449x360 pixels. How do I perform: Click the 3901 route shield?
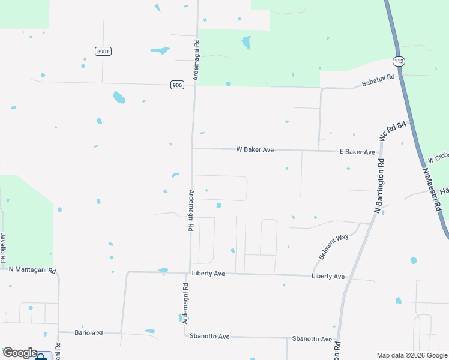(103, 52)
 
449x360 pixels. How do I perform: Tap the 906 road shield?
(176, 85)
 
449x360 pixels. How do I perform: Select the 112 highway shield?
(399, 61)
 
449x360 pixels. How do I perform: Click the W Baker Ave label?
(255, 149)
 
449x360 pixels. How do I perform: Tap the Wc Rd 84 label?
(393, 131)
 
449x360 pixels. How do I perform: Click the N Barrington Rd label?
(379, 186)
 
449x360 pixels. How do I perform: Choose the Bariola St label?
(89, 332)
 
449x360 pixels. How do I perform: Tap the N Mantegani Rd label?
(32, 271)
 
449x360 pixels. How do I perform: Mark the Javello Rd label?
(3, 247)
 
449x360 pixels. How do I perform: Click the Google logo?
(20, 353)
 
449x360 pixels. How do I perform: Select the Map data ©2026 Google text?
(411, 355)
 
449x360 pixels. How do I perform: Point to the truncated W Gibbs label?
(438, 157)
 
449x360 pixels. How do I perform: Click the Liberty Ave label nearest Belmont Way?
(328, 276)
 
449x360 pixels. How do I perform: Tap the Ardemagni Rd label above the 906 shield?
(196, 58)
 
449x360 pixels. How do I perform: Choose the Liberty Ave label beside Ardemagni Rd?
(208, 274)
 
